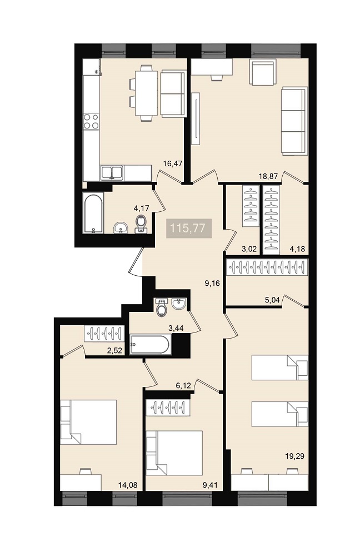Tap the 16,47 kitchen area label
pos(173,163)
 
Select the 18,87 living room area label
pos(268,176)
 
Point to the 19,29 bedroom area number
pos(295,456)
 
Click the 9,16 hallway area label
pos(213,283)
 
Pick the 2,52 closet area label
pos(114,351)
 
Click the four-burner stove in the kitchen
pos(91,121)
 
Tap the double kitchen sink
pos(112,173)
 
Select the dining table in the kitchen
pos(146,93)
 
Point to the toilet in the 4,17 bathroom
pos(141,224)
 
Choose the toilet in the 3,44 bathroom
pos(162,307)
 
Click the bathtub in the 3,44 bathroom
pos(150,344)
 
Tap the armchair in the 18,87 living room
pos(263,72)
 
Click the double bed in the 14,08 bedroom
pos(88,422)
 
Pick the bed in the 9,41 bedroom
pos(174,453)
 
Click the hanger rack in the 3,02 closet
pos(251,206)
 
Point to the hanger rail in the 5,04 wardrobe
pos(267,267)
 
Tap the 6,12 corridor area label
pos(183,385)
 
